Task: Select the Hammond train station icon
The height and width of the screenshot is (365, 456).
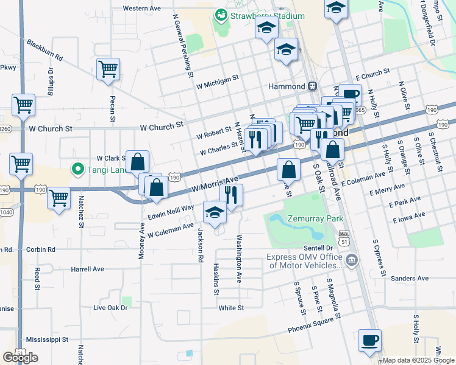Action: tap(312, 86)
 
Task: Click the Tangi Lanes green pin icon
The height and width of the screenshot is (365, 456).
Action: tap(77, 169)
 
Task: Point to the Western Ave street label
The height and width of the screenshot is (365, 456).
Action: tap(141, 9)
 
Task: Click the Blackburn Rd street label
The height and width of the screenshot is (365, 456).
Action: tap(45, 50)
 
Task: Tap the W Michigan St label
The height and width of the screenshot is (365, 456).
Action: tap(217, 82)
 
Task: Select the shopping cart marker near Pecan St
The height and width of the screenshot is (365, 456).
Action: tap(108, 71)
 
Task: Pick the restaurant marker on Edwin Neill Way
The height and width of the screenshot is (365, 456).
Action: tap(231, 195)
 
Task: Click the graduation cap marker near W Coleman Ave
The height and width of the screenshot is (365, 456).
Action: tap(214, 212)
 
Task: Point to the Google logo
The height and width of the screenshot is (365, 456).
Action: tap(21, 358)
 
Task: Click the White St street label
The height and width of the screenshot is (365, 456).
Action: tap(232, 308)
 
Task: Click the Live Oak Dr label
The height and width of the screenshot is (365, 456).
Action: tap(110, 308)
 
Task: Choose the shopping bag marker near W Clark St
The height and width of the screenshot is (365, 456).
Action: tap(138, 162)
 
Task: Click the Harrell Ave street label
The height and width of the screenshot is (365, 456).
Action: tap(87, 269)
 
